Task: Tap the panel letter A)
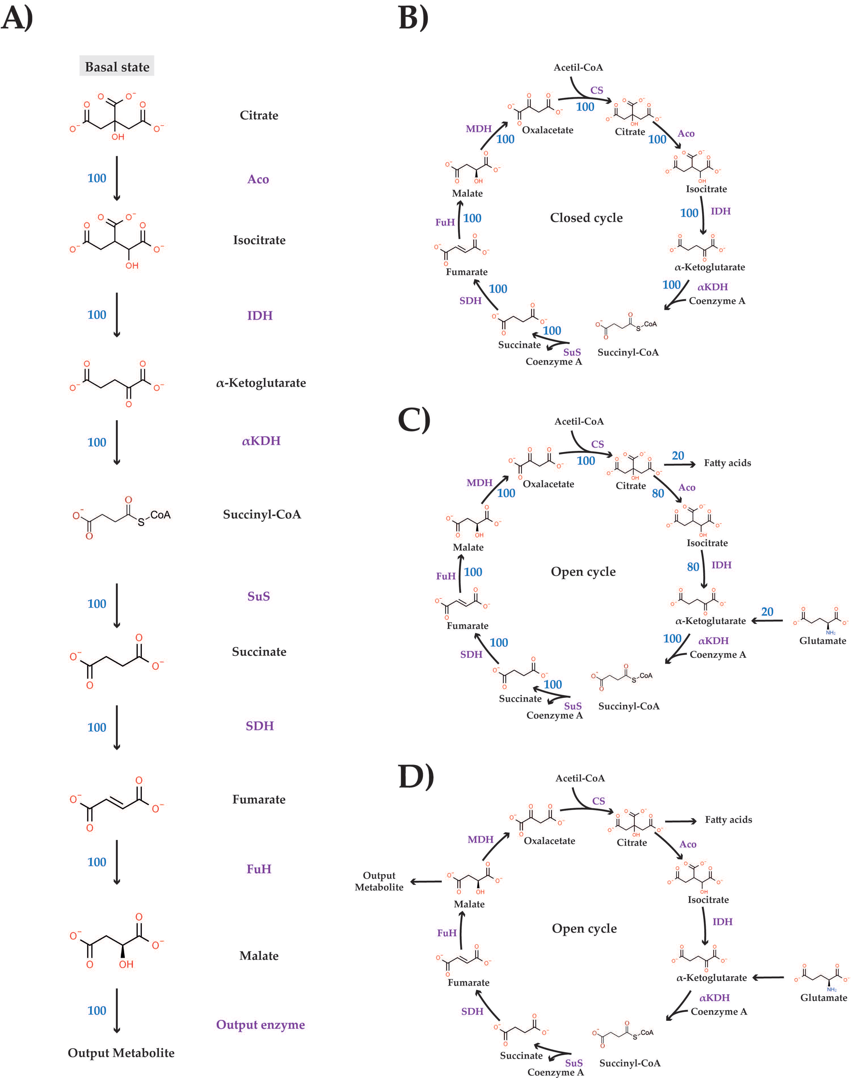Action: pyautogui.click(x=17, y=19)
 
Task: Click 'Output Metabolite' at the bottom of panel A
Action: pyautogui.click(x=121, y=1053)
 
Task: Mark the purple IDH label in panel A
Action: pyautogui.click(x=260, y=315)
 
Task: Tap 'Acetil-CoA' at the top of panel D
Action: pyautogui.click(x=580, y=778)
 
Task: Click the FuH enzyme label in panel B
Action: pyautogui.click(x=445, y=222)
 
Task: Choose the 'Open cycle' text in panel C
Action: pyautogui.click(x=583, y=571)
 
